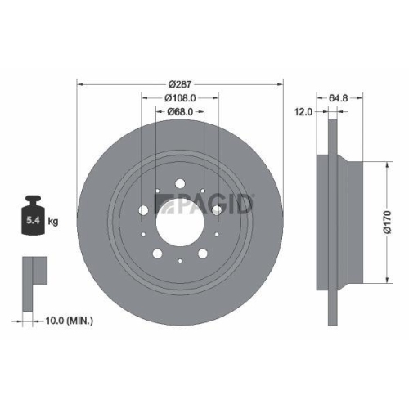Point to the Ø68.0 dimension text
tap(179, 111)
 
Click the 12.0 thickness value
tap(303, 111)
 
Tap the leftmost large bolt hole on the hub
tap(145, 211)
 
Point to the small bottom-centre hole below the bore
tap(179, 261)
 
